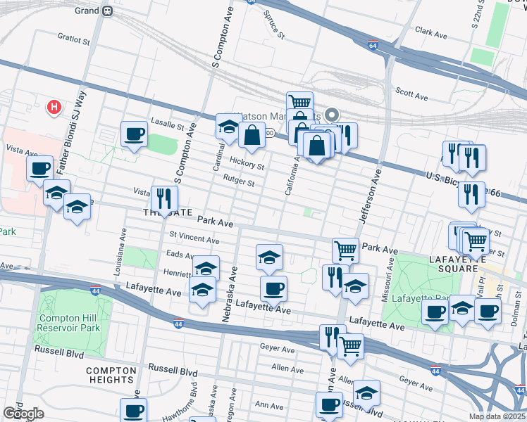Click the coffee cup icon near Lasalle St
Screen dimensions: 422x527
click(134, 134)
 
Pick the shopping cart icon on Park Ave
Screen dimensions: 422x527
click(345, 249)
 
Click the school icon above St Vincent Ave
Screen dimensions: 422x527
click(77, 206)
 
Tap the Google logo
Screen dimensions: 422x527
click(23, 414)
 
